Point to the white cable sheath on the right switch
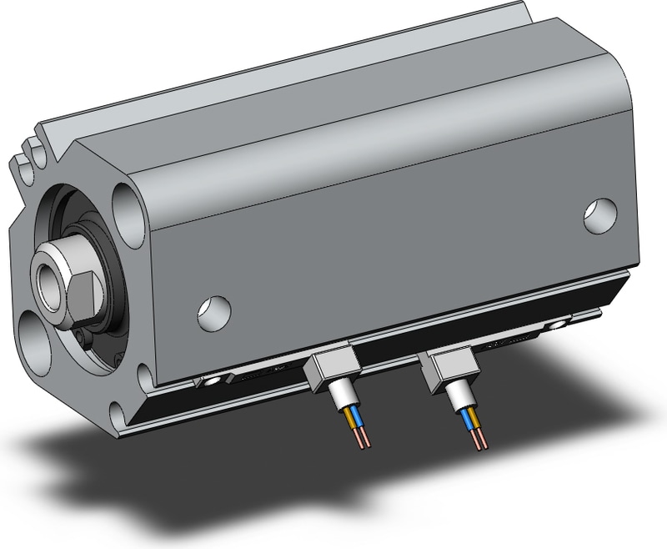click(458, 395)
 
